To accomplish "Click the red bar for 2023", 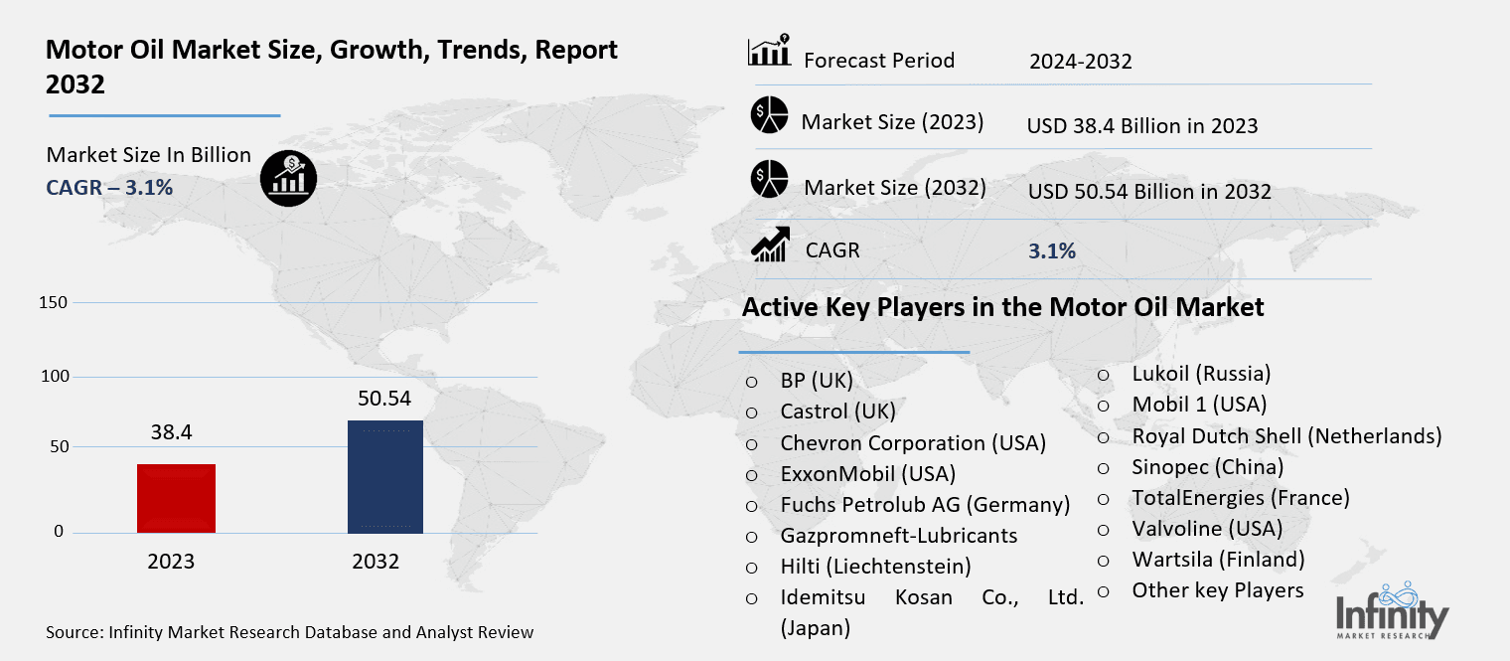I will tap(177, 498).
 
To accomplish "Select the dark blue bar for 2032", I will tap(384, 476).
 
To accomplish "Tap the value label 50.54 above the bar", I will tap(383, 400).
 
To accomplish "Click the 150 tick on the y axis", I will tap(57, 302).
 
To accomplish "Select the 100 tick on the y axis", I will tap(57, 377).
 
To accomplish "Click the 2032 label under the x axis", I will tap(376, 562).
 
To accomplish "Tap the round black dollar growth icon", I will tap(288, 178).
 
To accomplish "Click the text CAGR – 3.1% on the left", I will tap(109, 187).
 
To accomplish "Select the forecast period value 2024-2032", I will tap(1081, 62).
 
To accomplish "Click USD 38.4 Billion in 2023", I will tap(1142, 126).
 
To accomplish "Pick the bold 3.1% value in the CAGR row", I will tap(1051, 251).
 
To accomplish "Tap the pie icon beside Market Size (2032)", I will tap(769, 179).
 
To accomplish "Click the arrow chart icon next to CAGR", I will tap(770, 245).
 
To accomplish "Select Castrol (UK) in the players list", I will tap(837, 411).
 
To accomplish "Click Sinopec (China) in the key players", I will tap(1207, 466).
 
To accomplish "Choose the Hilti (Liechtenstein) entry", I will tap(875, 566).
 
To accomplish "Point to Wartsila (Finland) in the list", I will tap(1218, 559).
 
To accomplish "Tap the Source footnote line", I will tap(289, 632).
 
